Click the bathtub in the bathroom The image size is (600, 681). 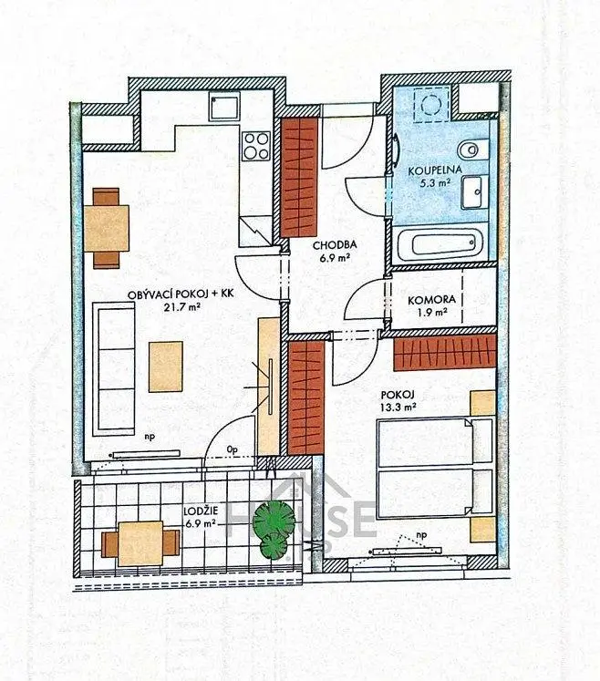coord(440,243)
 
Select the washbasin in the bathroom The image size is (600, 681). coord(474,192)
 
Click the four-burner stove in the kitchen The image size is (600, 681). coord(256,145)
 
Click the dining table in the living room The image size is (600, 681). coord(109,227)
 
